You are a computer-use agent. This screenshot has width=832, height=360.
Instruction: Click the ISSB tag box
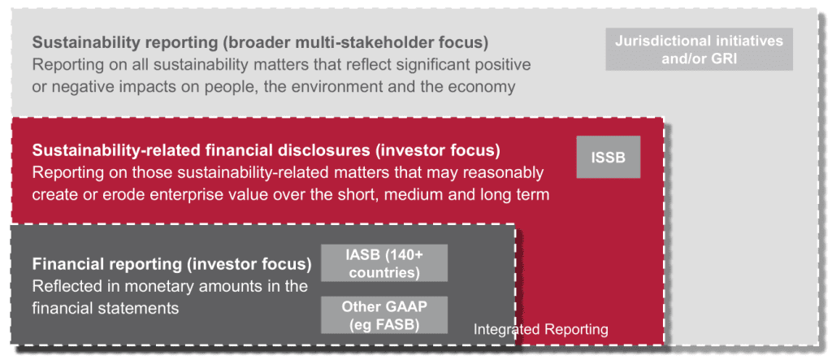click(608, 157)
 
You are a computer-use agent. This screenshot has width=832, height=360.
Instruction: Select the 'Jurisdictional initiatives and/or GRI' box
click(700, 49)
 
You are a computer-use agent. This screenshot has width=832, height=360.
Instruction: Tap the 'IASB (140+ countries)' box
click(384, 262)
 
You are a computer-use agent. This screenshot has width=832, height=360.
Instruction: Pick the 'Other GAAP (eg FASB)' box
click(384, 315)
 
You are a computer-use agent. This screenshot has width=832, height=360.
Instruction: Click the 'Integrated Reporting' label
click(540, 329)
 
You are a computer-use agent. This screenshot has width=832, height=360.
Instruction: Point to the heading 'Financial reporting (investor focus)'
click(172, 264)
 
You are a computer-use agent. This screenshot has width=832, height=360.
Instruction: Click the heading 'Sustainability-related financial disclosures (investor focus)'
click(266, 150)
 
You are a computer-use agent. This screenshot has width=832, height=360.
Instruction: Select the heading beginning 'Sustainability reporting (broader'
click(261, 42)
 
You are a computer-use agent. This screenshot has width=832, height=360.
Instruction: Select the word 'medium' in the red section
click(408, 195)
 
